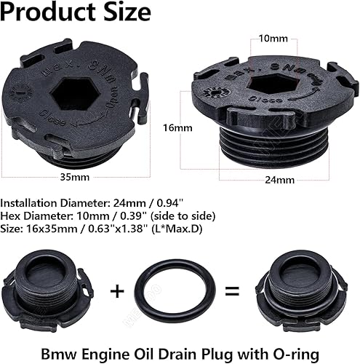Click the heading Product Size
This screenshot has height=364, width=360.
tap(76, 13)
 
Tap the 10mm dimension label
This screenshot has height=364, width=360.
tap(268, 38)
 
